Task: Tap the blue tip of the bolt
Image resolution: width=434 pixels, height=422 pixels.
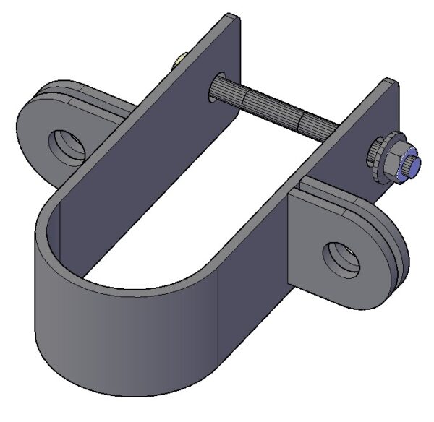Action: pos(414,167)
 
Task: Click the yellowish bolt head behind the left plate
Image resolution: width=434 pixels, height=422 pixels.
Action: pos(178,60)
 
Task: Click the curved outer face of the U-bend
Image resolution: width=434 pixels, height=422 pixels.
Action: pos(109,325)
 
